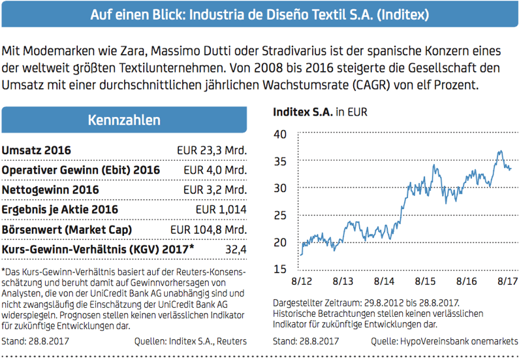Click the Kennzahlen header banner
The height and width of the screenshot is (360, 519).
[124, 120]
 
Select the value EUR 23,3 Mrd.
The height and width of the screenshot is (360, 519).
[212, 151]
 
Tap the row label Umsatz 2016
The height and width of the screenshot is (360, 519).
[37, 151]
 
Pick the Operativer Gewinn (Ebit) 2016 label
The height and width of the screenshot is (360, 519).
[82, 171]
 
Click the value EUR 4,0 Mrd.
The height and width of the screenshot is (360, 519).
[215, 171]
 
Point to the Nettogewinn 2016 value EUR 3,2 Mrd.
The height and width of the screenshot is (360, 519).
[215, 190]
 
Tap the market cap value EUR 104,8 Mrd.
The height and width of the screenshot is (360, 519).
[208, 230]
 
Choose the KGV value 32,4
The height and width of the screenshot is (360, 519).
[235, 250]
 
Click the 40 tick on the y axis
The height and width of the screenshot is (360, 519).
[280, 135]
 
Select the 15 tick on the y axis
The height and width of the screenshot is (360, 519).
[280, 269]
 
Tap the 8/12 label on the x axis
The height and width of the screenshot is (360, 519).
[300, 281]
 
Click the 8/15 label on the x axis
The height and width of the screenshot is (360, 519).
[425, 281]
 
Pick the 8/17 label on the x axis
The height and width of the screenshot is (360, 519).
[507, 281]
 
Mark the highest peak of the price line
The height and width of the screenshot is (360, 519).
[500, 151]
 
